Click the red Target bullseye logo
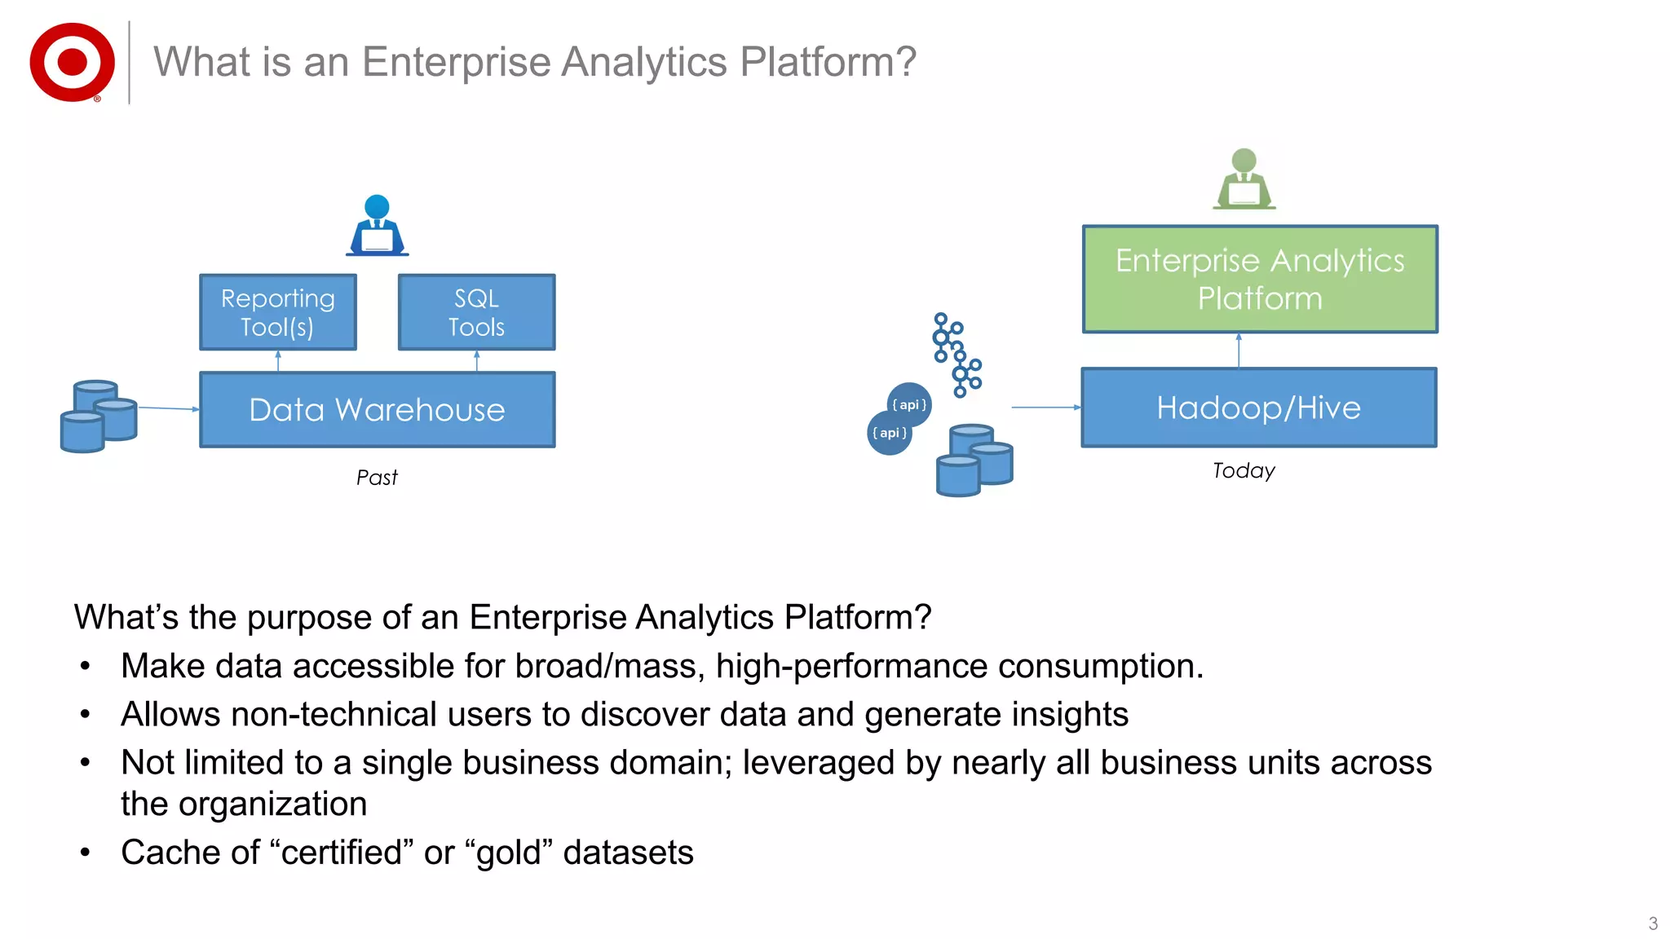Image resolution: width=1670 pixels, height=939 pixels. (72, 62)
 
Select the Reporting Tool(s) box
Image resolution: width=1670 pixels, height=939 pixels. (278, 312)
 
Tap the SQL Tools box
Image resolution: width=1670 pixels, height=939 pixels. (476, 312)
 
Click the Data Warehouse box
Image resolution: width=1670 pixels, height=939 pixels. (377, 409)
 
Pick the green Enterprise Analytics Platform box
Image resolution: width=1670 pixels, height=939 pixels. (1260, 279)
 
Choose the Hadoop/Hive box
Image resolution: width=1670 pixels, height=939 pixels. (1258, 408)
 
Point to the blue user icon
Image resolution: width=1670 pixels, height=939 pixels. (377, 226)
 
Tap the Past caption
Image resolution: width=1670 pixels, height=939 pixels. (377, 478)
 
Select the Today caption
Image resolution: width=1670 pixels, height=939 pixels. (1243, 471)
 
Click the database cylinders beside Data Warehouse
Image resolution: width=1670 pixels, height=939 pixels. (99, 416)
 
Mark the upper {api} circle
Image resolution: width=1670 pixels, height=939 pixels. (909, 404)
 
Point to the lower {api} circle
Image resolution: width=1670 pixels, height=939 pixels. (889, 433)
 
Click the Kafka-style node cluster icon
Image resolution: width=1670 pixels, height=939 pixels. (956, 355)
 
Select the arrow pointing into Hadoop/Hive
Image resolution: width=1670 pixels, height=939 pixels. (1045, 407)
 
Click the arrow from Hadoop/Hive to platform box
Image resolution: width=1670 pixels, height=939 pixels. (1239, 350)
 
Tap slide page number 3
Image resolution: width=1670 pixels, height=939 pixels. (1653, 924)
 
